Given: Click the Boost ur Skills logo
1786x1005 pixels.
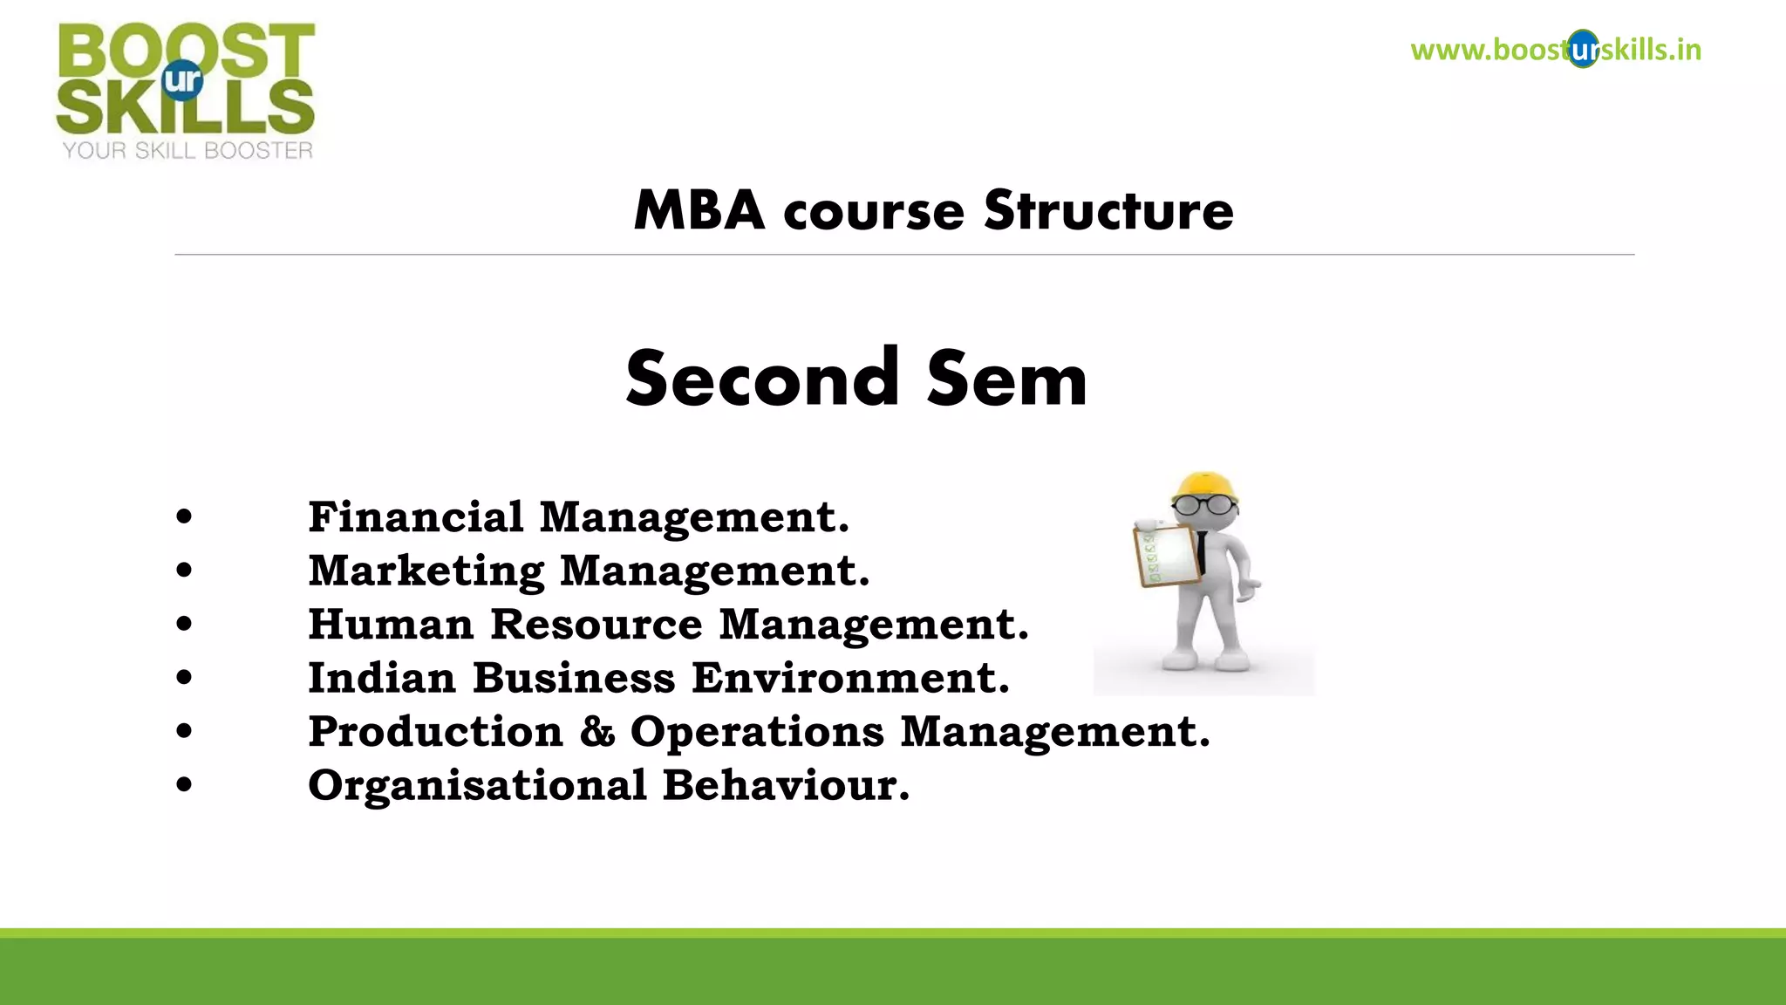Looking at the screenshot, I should pos(186,80).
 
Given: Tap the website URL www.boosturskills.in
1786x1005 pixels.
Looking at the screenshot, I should pos(1555,50).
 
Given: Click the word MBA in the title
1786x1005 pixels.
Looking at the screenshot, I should pos(699,211).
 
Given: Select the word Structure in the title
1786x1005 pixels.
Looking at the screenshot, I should pos(1108,211).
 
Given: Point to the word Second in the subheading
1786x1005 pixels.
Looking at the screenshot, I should pos(762,379).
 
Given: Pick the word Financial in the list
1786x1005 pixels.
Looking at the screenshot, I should pos(415,516).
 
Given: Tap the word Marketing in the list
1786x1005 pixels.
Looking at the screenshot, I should pos(426,571).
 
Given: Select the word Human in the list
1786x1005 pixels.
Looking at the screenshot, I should pos(391,624).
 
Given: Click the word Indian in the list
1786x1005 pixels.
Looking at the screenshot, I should pos(382,678).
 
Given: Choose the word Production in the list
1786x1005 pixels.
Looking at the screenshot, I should pos(435,731).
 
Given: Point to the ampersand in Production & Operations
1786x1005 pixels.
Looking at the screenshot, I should pos(597,731).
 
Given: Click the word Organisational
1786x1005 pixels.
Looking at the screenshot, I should pos(477,785).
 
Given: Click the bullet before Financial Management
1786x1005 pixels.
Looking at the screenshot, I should pos(183,516).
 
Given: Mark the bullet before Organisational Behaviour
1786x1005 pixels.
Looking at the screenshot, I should pos(183,784).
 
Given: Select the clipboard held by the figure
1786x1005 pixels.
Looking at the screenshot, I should pos(1167,555).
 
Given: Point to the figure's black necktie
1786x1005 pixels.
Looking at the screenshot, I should pos(1202,551).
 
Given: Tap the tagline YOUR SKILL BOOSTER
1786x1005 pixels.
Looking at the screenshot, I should pos(187,151).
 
